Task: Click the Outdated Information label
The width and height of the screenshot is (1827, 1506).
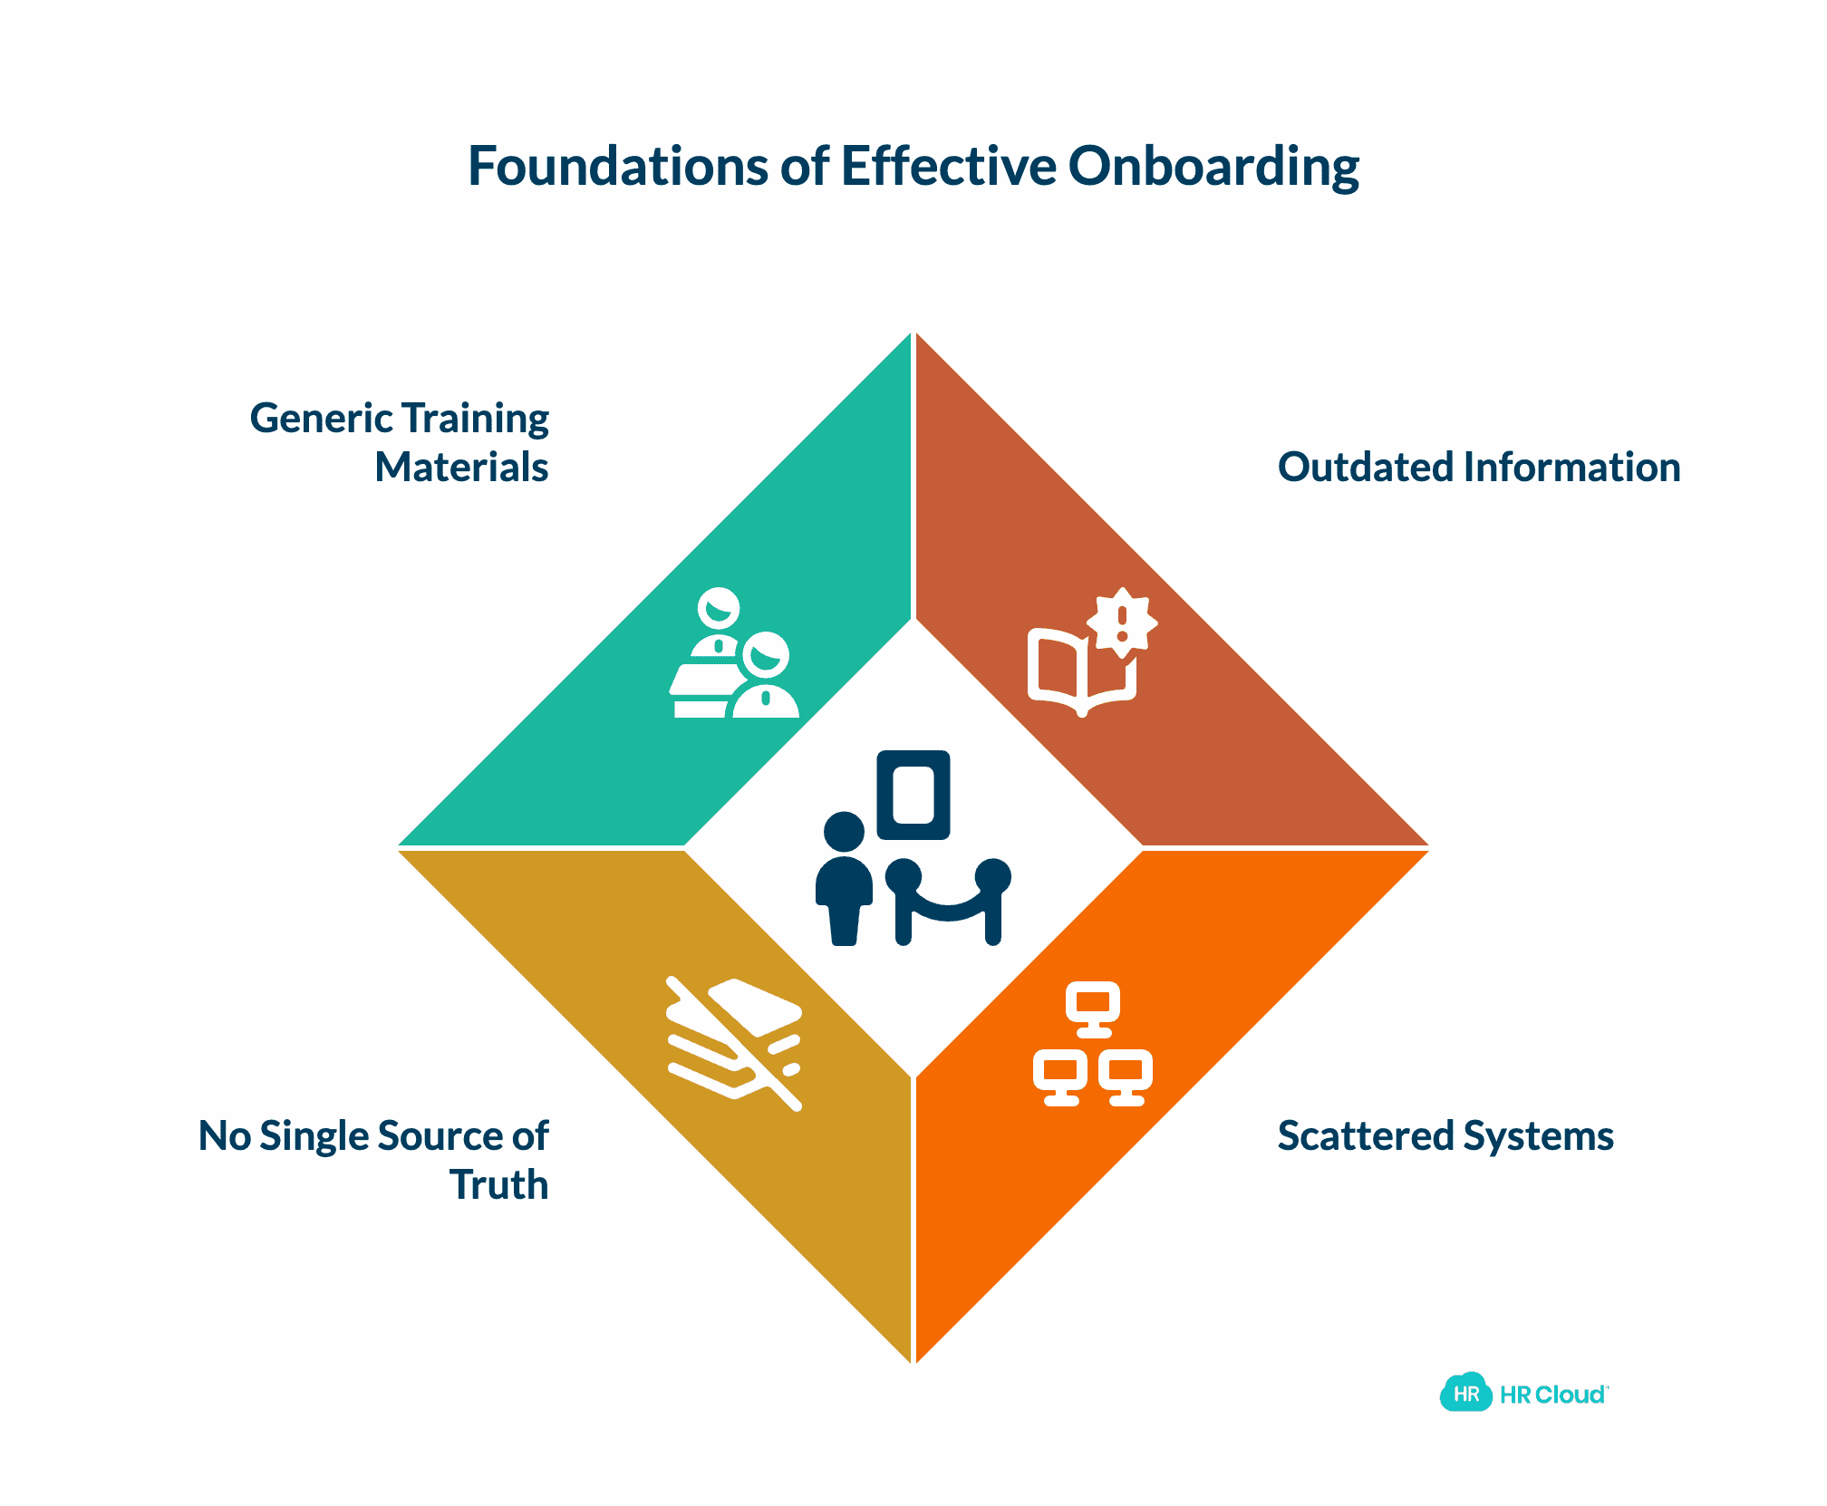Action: [1479, 468]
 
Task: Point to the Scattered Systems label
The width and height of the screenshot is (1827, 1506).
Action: [1445, 1136]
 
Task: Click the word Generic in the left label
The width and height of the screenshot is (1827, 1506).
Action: [321, 419]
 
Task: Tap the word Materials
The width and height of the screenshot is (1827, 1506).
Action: [461, 468]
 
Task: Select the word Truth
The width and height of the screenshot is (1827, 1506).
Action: [499, 1185]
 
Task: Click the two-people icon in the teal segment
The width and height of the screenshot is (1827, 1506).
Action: [735, 653]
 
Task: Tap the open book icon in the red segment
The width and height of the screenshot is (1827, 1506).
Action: [1081, 671]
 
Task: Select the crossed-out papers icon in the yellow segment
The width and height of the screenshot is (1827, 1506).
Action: [735, 1044]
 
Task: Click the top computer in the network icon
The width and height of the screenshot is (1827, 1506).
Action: [1093, 1009]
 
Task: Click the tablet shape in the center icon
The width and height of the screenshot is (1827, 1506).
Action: [913, 795]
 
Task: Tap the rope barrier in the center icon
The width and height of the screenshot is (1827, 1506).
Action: [948, 901]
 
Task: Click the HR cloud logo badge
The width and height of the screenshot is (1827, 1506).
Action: [1465, 1393]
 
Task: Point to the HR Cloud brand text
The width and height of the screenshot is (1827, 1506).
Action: [1553, 1395]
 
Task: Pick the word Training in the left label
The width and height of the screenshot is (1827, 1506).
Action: [476, 419]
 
